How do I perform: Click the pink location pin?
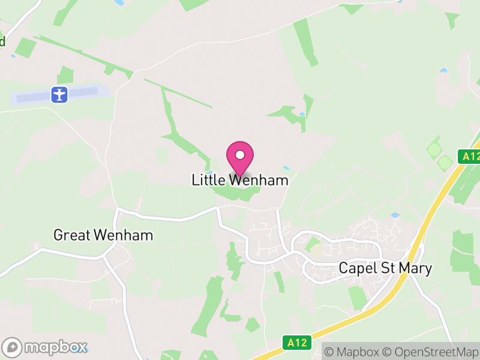point(240,157)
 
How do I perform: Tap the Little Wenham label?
point(240,180)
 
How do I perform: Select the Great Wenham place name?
point(103,235)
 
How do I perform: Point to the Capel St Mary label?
point(385,268)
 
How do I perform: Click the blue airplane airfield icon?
point(59,94)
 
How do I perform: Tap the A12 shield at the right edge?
point(470,157)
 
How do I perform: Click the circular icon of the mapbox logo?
point(13,347)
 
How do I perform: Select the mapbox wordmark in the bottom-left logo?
point(55,347)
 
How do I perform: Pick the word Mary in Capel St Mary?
point(415,268)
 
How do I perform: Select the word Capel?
point(356,268)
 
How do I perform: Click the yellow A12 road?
point(414,252)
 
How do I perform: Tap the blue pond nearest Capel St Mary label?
point(395,215)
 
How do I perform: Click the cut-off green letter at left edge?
point(2,41)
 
